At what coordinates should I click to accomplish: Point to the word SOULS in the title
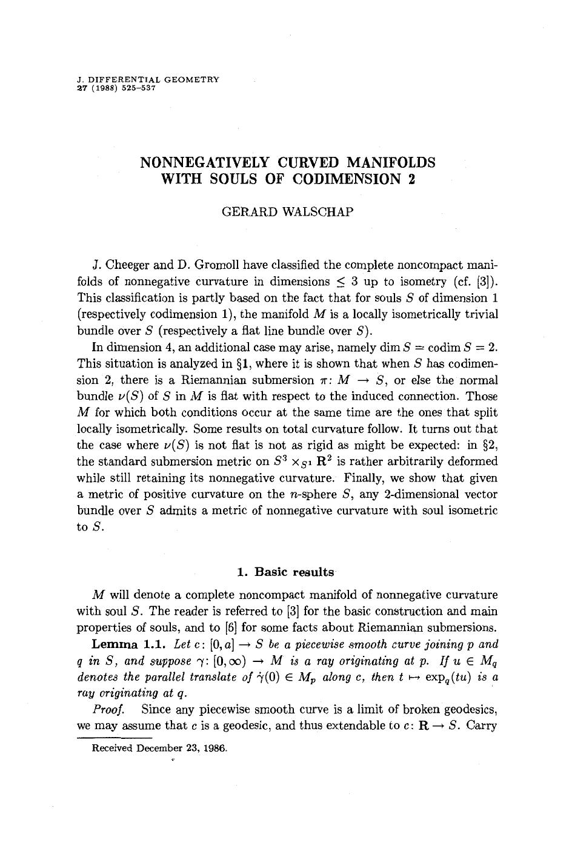click(237, 179)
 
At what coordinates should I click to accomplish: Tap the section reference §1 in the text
click(242, 363)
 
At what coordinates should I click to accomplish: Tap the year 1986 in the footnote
click(215, 748)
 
